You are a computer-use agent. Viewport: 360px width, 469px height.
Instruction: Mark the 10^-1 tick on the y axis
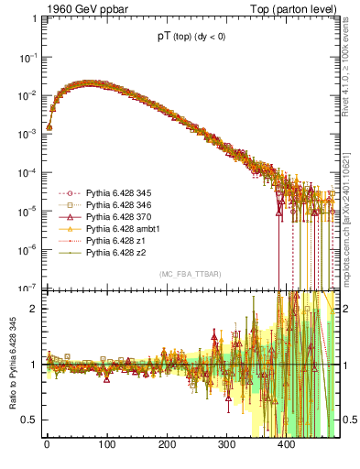[27, 57]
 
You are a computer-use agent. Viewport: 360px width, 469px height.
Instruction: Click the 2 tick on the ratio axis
[32, 309]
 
